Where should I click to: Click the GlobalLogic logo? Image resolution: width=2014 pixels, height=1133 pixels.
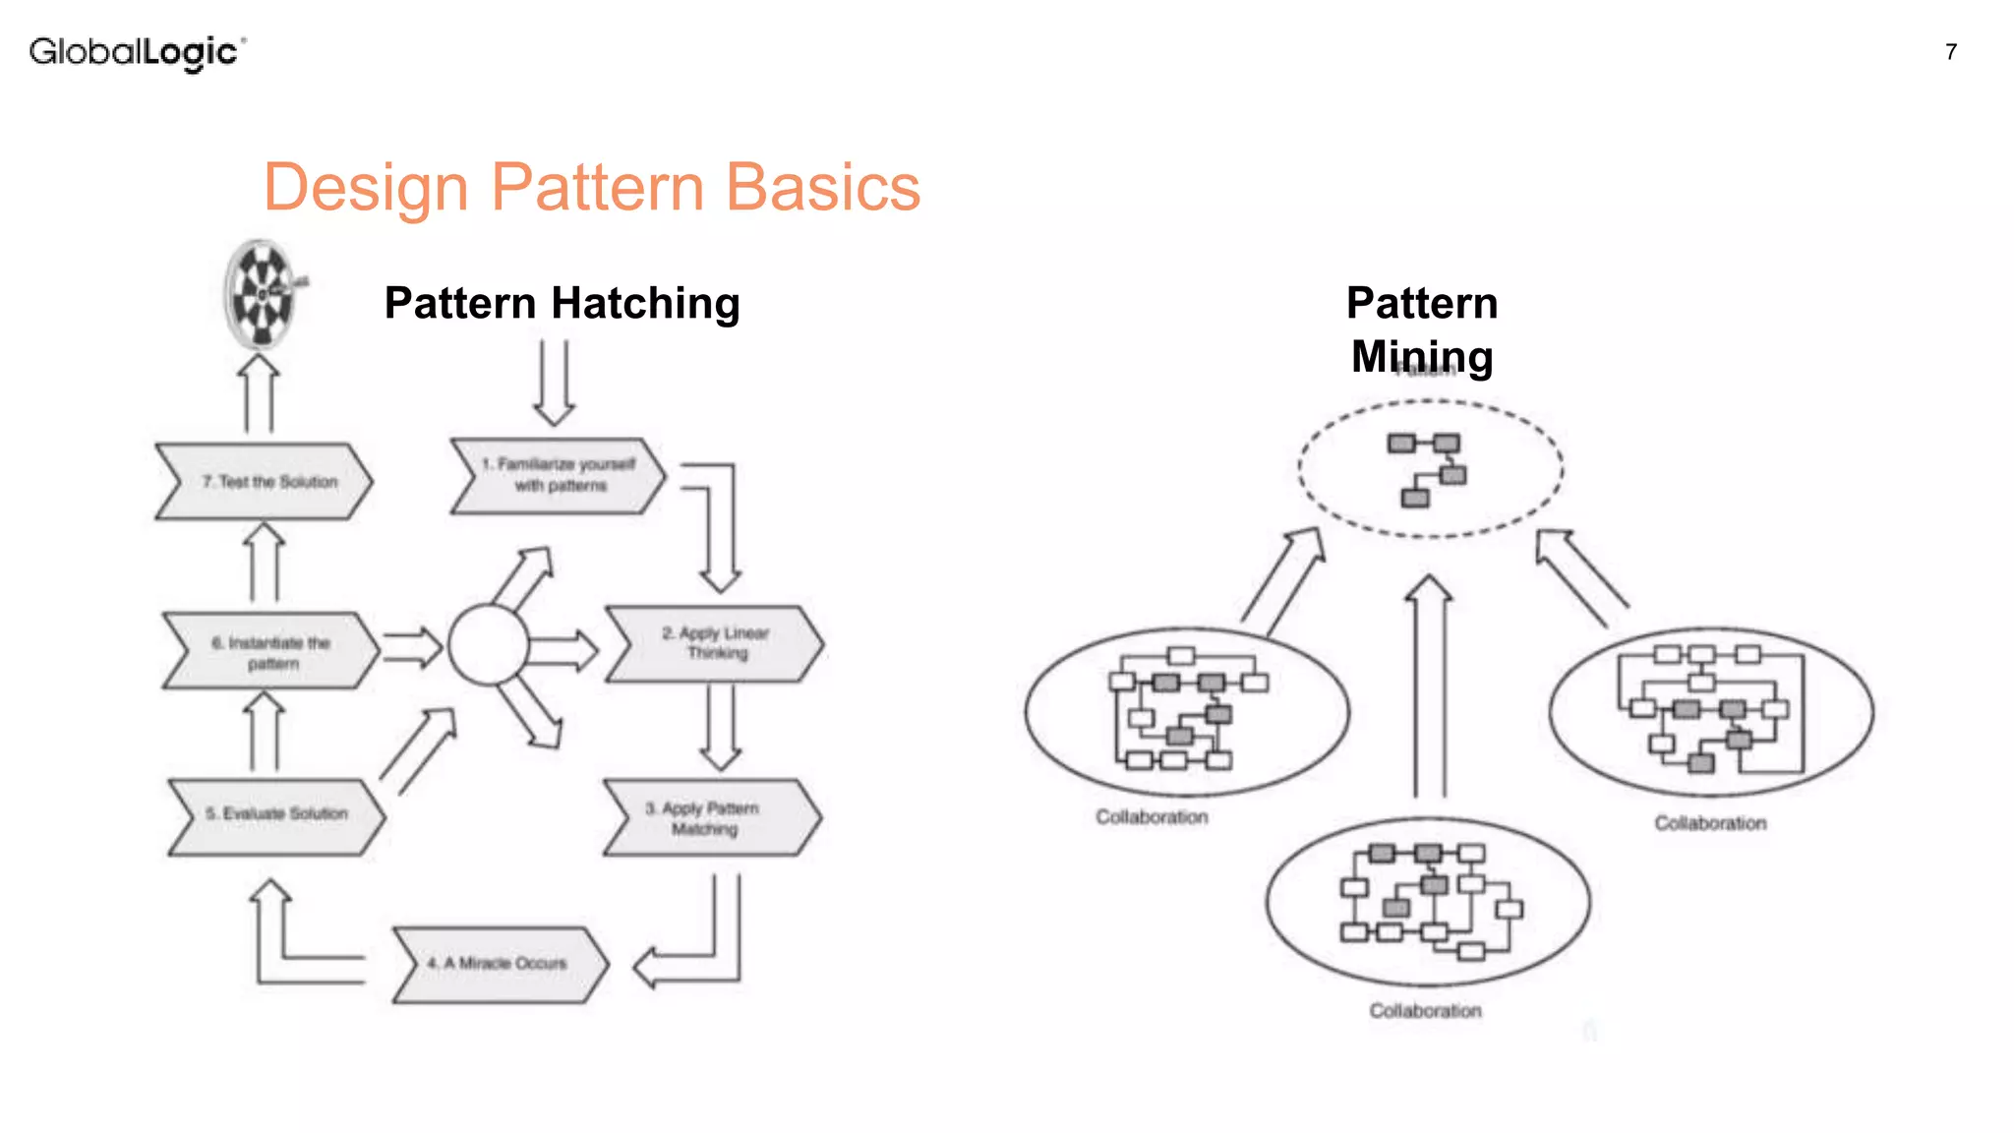tap(137, 51)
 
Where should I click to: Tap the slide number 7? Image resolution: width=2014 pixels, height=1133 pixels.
tap(1951, 52)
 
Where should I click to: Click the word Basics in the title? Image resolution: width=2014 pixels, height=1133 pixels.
tap(822, 187)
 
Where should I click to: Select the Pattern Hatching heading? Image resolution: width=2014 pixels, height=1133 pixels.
tap(562, 303)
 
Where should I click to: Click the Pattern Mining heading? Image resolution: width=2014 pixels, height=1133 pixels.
tap(1422, 328)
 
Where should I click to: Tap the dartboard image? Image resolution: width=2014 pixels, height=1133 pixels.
tap(261, 294)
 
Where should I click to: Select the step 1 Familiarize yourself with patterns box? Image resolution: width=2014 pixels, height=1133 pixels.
tap(557, 476)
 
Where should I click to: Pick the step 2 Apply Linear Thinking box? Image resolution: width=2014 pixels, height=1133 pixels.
tap(714, 644)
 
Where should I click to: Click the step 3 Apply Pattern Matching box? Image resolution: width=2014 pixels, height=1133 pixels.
tap(711, 818)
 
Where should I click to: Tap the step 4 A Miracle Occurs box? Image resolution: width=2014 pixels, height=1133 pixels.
tap(500, 964)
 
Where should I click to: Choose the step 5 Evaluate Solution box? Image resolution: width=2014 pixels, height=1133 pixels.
tap(275, 815)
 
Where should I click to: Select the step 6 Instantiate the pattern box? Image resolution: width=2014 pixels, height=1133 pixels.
tap(270, 652)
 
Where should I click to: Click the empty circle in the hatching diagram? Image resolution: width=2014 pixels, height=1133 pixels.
tap(488, 645)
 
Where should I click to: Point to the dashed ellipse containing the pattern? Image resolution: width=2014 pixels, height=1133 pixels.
tap(1430, 469)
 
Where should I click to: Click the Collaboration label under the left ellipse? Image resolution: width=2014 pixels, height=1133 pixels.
tap(1152, 817)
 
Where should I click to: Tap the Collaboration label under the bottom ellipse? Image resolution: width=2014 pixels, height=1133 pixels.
tap(1425, 1011)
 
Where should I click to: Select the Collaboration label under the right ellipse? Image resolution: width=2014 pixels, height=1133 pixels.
tap(1710, 823)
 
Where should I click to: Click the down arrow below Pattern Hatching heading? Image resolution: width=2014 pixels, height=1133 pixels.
tap(555, 383)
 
